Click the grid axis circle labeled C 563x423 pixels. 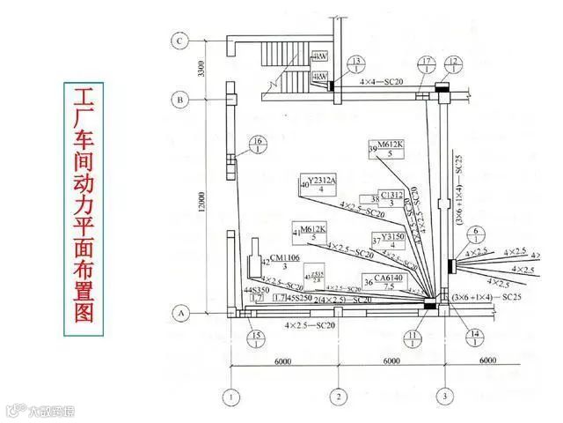pyautogui.click(x=180, y=41)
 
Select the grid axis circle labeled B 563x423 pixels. pyautogui.click(x=180, y=100)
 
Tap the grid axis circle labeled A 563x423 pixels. pyautogui.click(x=180, y=313)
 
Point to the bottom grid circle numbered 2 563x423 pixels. pyautogui.click(x=338, y=396)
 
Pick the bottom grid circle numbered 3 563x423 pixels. pyautogui.click(x=445, y=396)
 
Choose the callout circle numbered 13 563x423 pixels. pyautogui.click(x=356, y=63)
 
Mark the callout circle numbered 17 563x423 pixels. pyautogui.click(x=427, y=63)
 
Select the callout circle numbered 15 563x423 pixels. pyautogui.click(x=256, y=338)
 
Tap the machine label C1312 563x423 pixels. pyautogui.click(x=391, y=195)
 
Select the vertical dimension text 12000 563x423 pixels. pyautogui.click(x=202, y=204)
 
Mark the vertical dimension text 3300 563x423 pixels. pyautogui.click(x=202, y=70)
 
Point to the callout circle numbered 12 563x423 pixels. pyautogui.click(x=455, y=63)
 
